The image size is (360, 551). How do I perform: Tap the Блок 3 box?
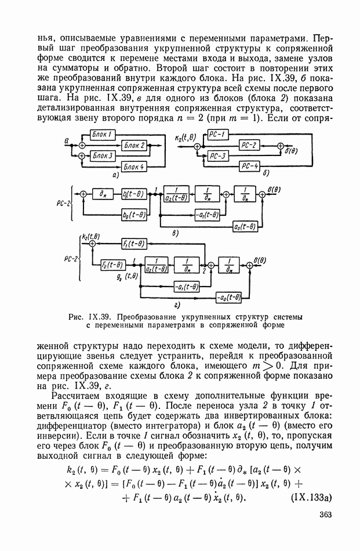coord(104,156)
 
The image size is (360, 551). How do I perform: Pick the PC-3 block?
coord(219,156)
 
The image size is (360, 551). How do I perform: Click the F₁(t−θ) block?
coord(133,244)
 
